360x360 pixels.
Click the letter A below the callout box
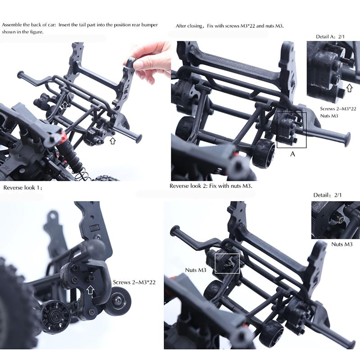(292, 154)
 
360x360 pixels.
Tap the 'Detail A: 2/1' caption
(330, 36)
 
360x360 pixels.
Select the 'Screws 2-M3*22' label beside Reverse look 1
(134, 282)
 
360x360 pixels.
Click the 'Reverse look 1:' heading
(23, 188)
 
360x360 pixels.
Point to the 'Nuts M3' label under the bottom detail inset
(342, 244)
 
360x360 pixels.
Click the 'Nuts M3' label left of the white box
(196, 270)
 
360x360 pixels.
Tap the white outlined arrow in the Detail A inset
(349, 88)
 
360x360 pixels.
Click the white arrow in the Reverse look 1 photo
(90, 290)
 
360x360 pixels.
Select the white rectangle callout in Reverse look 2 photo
(227, 264)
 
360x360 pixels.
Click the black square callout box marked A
(291, 130)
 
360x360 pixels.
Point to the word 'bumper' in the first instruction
(150, 25)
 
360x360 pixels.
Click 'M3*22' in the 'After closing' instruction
(248, 26)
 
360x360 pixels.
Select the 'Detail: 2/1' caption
(327, 195)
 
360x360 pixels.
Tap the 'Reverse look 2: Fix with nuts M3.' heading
(211, 186)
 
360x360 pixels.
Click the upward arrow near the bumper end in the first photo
(112, 141)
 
